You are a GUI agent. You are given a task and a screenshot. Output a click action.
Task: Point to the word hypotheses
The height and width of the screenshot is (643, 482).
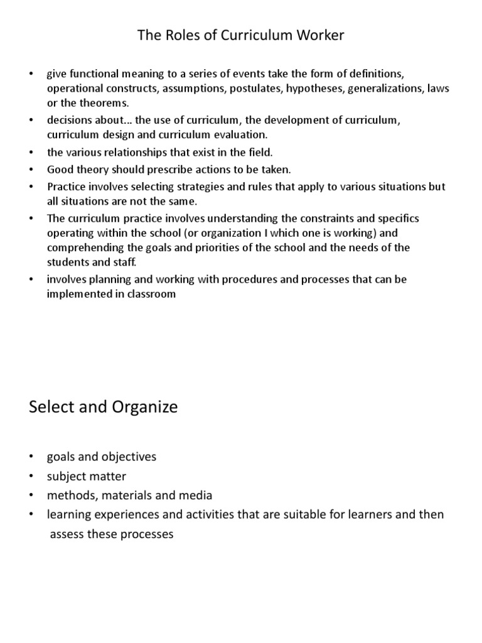(x=313, y=89)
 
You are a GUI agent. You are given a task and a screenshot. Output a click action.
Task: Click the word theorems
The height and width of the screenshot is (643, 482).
(x=101, y=103)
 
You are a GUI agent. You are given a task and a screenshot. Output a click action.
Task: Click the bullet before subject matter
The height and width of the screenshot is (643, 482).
(x=31, y=477)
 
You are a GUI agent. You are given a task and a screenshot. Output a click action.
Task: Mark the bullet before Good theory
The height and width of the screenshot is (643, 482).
(x=31, y=170)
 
